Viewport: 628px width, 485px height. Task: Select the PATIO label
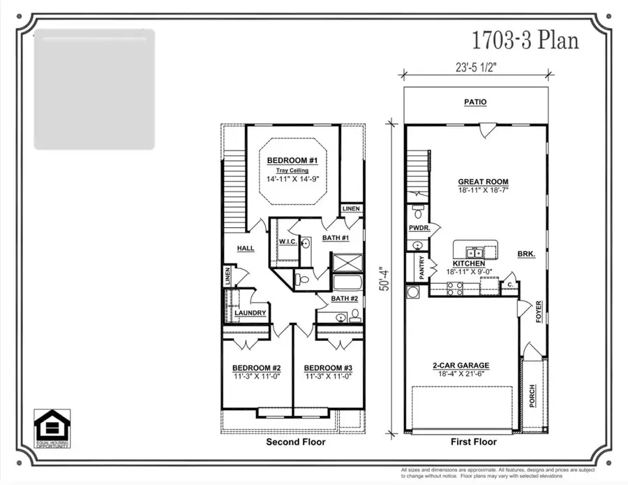point(476,102)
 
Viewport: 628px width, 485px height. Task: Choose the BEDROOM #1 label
point(292,161)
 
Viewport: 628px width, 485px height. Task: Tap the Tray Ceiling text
point(292,170)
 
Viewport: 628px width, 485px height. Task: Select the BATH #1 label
point(336,238)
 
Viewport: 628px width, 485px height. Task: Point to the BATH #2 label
point(343,299)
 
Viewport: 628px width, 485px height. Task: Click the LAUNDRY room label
point(250,313)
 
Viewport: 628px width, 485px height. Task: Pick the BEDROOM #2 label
point(256,368)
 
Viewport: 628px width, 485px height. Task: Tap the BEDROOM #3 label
point(328,368)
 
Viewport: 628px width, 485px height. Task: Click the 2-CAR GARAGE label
point(461,365)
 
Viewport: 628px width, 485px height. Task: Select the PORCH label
point(532,399)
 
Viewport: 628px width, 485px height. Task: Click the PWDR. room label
point(419,229)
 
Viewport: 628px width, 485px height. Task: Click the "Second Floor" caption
point(295,442)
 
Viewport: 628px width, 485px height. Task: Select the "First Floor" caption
point(474,442)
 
